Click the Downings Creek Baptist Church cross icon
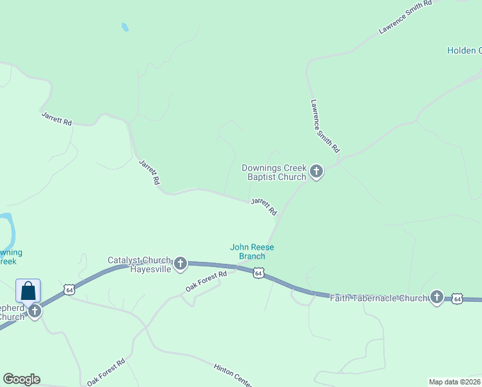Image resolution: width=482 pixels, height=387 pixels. [316, 171]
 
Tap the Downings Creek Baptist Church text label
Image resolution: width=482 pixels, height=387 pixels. [274, 172]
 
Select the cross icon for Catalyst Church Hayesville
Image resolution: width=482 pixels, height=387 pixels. [180, 263]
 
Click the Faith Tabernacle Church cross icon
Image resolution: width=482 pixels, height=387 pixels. [437, 297]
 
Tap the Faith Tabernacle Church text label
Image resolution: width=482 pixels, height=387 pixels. [378, 298]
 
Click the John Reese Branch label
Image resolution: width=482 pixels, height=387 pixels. [248, 252]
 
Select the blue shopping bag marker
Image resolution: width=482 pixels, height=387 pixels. [28, 291]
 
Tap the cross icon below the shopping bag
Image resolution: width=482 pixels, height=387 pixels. [34, 311]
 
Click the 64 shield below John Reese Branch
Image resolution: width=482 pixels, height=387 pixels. [258, 273]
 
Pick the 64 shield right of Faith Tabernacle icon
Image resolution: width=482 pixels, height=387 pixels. [457, 298]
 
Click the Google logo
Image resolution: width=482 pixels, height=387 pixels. [21, 379]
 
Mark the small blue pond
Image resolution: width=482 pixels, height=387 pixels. [124, 27]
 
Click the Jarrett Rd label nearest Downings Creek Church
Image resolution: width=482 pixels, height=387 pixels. [264, 206]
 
